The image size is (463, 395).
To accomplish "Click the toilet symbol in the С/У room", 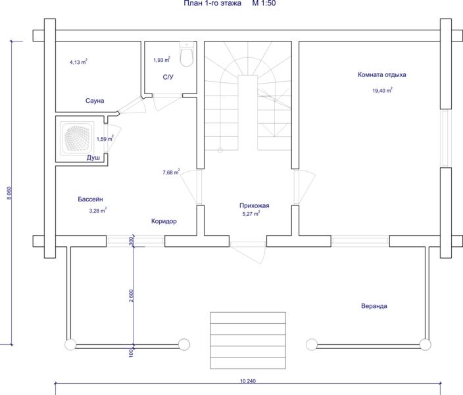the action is (186, 54).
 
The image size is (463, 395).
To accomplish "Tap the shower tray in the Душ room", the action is (77, 138).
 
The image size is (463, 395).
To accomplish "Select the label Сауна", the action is (95, 101).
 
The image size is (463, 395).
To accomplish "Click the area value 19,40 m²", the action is (382, 90).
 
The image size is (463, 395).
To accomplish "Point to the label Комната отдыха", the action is (382, 74).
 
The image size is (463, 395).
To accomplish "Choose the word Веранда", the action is (374, 306).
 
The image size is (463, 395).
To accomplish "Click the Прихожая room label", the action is (255, 205).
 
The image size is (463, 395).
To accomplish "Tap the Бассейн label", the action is (90, 199).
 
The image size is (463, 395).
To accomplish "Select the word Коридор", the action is (164, 221).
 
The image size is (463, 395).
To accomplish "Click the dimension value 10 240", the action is (248, 381).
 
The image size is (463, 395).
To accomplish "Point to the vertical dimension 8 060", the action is (9, 193).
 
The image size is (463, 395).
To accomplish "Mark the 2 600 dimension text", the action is (131, 296).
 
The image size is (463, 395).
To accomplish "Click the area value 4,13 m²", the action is (78, 62).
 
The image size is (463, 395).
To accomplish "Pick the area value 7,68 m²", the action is (171, 172).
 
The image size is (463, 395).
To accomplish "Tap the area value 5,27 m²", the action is (251, 214).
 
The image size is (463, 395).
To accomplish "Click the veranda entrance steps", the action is (248, 340).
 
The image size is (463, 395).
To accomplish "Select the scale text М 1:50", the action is (264, 3).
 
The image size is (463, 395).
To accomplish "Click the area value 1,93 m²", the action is (162, 60).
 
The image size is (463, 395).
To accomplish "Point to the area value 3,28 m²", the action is (98, 211).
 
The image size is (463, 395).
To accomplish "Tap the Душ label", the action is (93, 158).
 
